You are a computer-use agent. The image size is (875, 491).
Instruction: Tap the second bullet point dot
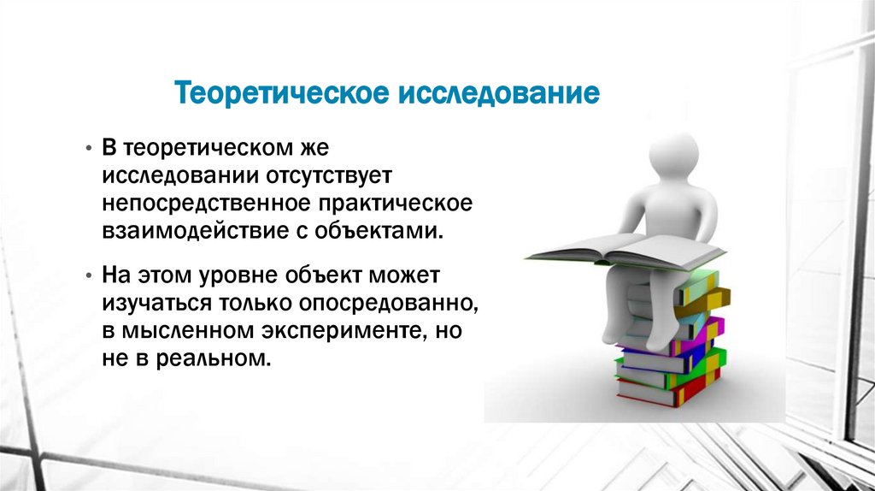(x=89, y=277)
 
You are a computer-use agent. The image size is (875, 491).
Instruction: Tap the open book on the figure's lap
(x=625, y=249)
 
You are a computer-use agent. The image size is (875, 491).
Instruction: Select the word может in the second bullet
(x=404, y=276)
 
